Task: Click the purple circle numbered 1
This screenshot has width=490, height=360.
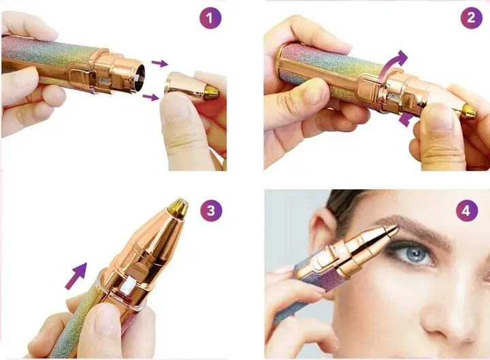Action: pyautogui.click(x=210, y=18)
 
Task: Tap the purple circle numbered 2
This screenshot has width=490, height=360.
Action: pyautogui.click(x=471, y=18)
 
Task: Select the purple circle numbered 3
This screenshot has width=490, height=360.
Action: pyautogui.click(x=211, y=210)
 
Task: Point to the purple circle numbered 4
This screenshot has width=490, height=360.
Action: pyautogui.click(x=467, y=210)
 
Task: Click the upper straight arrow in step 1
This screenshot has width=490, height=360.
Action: pyautogui.click(x=160, y=63)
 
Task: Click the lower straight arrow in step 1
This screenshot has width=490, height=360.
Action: pyautogui.click(x=150, y=97)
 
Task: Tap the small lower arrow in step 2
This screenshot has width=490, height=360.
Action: pyautogui.click(x=406, y=120)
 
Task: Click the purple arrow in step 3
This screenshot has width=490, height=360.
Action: pyautogui.click(x=76, y=276)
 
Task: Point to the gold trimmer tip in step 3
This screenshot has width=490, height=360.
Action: pyautogui.click(x=178, y=208)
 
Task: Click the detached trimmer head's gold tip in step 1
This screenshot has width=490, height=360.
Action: pyautogui.click(x=211, y=93)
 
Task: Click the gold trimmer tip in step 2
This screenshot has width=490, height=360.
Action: pyautogui.click(x=469, y=111)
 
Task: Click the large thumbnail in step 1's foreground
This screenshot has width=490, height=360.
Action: pyautogui.click(x=176, y=112)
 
